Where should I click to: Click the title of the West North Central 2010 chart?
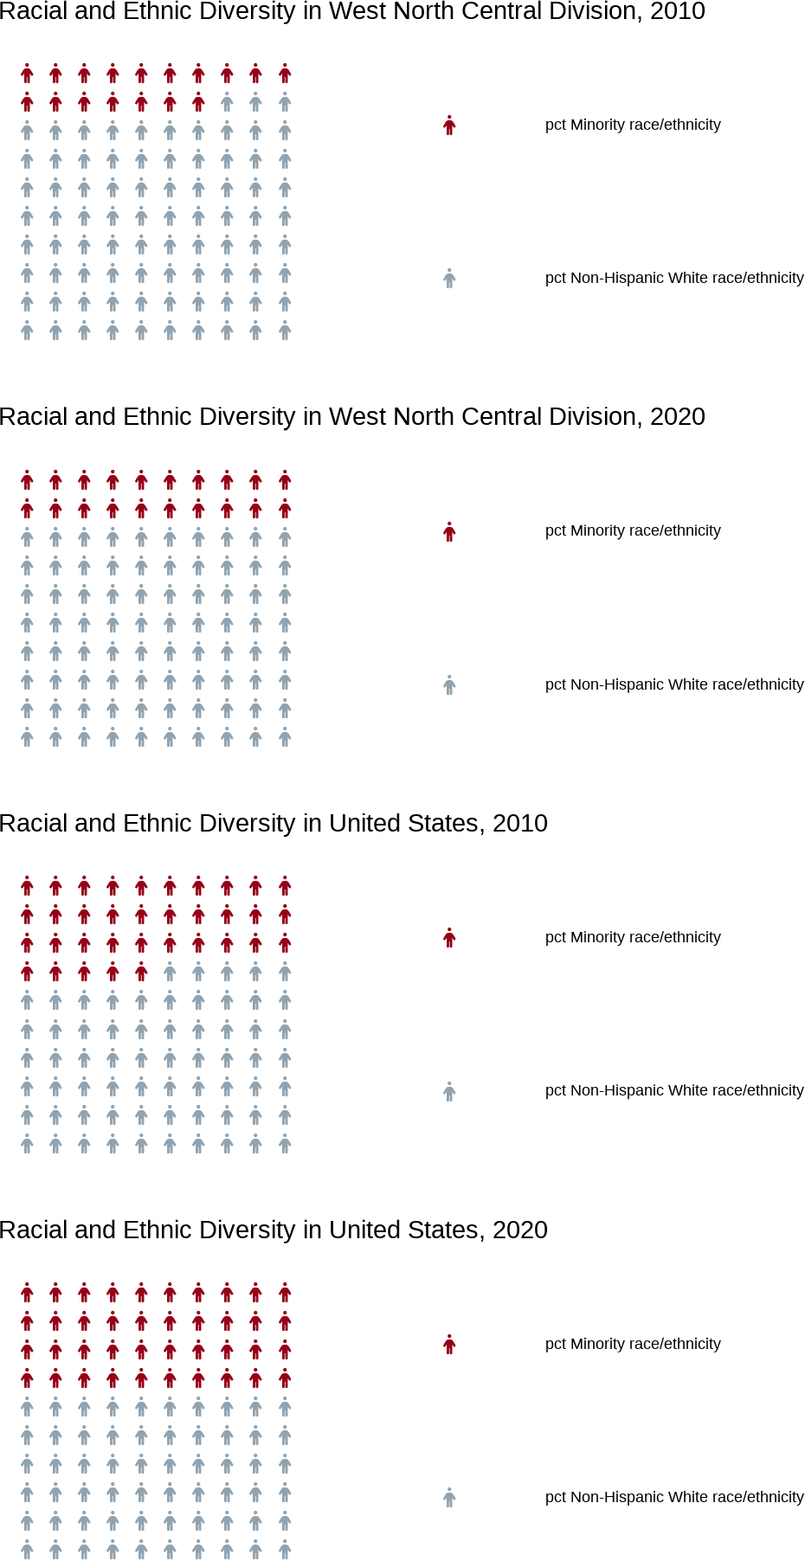[x=352, y=12]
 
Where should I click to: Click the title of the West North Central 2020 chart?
[x=352, y=417]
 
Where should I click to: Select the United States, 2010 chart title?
[x=274, y=824]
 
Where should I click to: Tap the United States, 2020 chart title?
[x=274, y=1230]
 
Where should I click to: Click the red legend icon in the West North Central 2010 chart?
[x=449, y=125]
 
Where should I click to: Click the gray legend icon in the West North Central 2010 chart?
[x=449, y=279]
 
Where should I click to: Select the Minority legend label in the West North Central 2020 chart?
[x=633, y=530]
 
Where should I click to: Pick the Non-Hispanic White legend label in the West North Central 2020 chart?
[x=674, y=684]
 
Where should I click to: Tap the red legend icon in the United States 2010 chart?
[x=449, y=938]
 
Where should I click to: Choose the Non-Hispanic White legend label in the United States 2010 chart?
[x=674, y=1090]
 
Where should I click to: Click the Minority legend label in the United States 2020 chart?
[x=633, y=1344]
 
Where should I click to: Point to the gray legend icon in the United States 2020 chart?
[x=449, y=1498]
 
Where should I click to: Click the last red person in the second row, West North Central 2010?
[x=198, y=102]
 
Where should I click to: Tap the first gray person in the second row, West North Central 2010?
[x=227, y=102]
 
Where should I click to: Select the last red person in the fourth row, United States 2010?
[x=141, y=972]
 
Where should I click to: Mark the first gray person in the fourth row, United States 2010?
[x=170, y=972]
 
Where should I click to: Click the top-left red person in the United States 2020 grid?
[x=27, y=1293]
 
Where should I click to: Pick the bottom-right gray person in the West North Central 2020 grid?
[x=285, y=737]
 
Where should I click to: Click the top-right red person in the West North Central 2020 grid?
[x=285, y=480]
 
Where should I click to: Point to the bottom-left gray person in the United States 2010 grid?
[x=27, y=1144]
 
